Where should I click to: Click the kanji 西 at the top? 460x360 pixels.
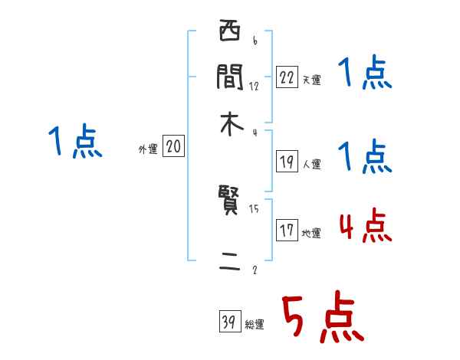tap(230, 34)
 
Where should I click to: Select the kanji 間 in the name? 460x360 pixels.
tap(230, 77)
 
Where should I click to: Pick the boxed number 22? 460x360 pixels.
tap(287, 77)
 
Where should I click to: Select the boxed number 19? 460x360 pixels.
tap(287, 161)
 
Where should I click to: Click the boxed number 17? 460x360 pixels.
tap(287, 231)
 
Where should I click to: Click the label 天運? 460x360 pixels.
tap(311, 80)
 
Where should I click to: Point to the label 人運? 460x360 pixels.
tap(311, 164)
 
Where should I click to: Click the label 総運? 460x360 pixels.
tap(255, 326)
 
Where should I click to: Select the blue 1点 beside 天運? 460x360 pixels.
tap(364, 74)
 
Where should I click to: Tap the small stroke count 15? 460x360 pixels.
tap(254, 208)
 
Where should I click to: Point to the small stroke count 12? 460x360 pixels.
tap(254, 86)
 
